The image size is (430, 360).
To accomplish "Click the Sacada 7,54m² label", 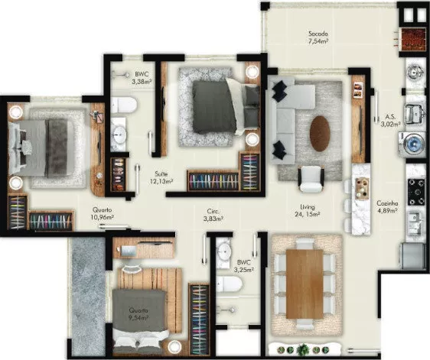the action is (318, 37).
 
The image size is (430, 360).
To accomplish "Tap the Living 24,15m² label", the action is (307, 210).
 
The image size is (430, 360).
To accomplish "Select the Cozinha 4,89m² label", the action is (387, 207).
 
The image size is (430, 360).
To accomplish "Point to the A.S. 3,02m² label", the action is (390, 121).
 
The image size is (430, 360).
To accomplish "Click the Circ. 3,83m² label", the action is (213, 215).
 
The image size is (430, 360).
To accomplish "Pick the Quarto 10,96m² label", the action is (103, 213).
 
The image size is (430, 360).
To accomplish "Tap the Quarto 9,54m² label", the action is (138, 314).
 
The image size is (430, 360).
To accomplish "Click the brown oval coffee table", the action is (320, 134).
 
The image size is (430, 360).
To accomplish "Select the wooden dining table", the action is (305, 284).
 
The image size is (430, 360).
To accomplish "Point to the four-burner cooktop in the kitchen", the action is (416, 192).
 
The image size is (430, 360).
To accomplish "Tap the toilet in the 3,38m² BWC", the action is (123, 105).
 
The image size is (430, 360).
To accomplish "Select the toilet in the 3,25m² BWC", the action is (229, 284).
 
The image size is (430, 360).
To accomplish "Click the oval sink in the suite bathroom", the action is (119, 135).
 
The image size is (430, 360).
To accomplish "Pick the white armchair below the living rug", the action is (311, 179).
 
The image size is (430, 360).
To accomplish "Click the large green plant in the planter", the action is (303, 349).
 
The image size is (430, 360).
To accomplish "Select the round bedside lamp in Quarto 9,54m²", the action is (174, 346).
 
